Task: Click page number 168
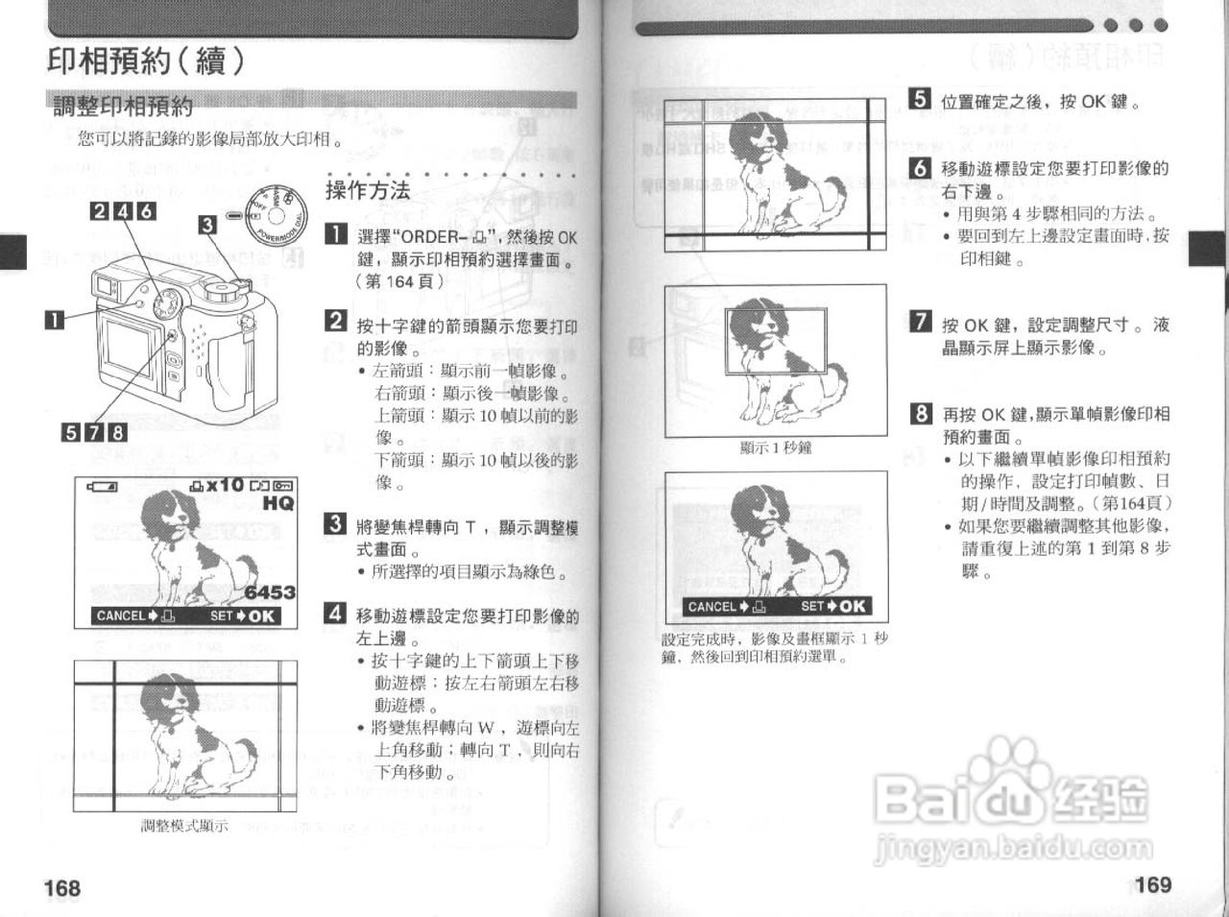(62, 888)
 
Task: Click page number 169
(1152, 884)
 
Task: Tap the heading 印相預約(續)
(146, 61)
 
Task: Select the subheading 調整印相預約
(123, 107)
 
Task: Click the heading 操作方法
(368, 190)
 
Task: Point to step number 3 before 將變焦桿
(335, 524)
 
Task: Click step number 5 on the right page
(919, 99)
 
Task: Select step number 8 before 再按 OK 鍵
(920, 414)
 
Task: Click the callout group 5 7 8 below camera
(94, 432)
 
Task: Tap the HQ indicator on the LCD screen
(278, 503)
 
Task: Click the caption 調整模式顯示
(184, 826)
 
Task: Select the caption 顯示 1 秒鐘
(776, 447)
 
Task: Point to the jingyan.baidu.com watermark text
(1015, 849)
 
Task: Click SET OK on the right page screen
(833, 606)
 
